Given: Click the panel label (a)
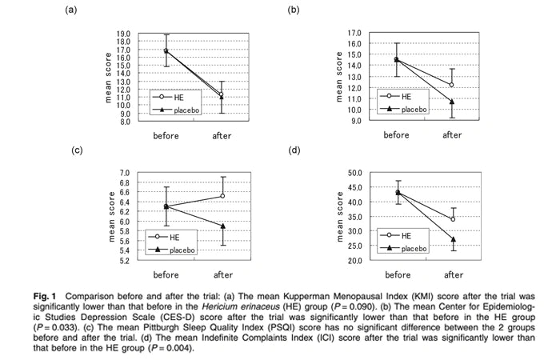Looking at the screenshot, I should point(71,10).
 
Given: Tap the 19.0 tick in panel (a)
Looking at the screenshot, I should point(124,34).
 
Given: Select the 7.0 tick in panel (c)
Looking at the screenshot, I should point(124,173).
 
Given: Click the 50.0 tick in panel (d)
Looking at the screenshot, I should point(354,173).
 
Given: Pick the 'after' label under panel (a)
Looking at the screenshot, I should point(222,136).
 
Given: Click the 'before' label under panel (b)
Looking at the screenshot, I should point(396,135).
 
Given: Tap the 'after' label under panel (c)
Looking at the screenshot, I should point(222,275).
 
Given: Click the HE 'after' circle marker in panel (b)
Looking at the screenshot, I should point(452,85).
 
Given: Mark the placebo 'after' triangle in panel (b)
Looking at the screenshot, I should point(452,102).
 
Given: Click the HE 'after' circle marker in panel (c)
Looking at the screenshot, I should point(222,196).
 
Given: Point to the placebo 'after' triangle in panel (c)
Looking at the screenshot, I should point(222,226).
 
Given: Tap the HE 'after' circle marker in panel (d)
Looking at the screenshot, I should point(453,219).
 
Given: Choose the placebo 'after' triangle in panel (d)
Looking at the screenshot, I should point(453,239).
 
